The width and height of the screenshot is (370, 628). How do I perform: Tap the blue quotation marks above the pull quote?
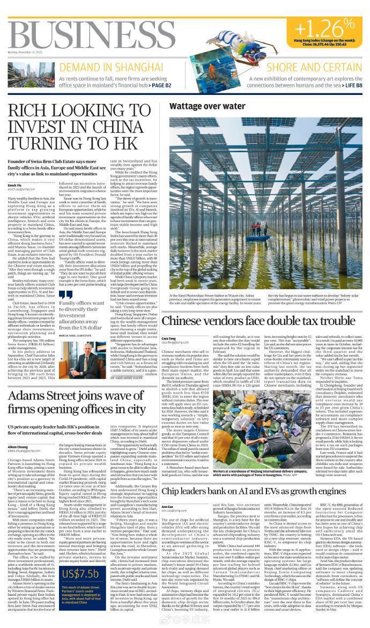[66, 295]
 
